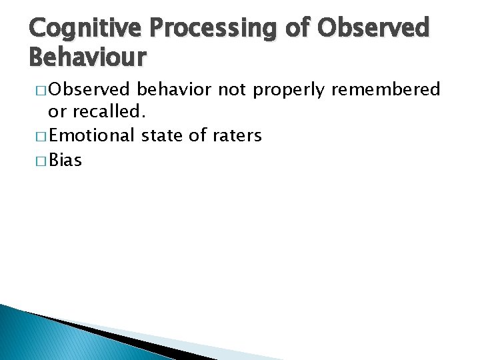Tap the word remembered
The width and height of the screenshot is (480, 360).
coord(385,89)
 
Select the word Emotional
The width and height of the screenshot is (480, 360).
coord(92,136)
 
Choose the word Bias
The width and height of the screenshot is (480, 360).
coord(65,160)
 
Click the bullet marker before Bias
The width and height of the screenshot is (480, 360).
coord(39,161)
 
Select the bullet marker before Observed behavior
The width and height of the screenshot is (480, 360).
coord(39,90)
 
